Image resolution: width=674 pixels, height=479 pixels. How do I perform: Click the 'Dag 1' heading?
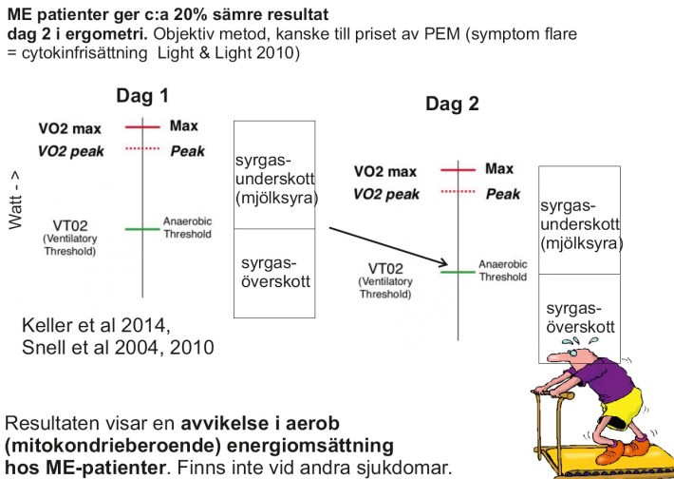click(142, 96)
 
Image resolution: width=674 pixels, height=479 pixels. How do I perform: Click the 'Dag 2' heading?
click(452, 105)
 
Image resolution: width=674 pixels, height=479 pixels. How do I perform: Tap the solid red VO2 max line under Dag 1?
click(142, 125)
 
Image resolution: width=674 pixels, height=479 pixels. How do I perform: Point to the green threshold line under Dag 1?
click(142, 228)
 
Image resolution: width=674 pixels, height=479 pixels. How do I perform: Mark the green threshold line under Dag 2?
click(457, 272)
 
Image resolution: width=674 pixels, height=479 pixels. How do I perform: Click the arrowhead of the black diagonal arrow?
click(441, 263)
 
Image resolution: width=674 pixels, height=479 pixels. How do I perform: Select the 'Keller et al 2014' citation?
click(95, 327)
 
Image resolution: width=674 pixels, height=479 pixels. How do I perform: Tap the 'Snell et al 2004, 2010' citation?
click(118, 348)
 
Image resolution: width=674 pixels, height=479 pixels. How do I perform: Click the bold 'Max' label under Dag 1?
click(184, 125)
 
